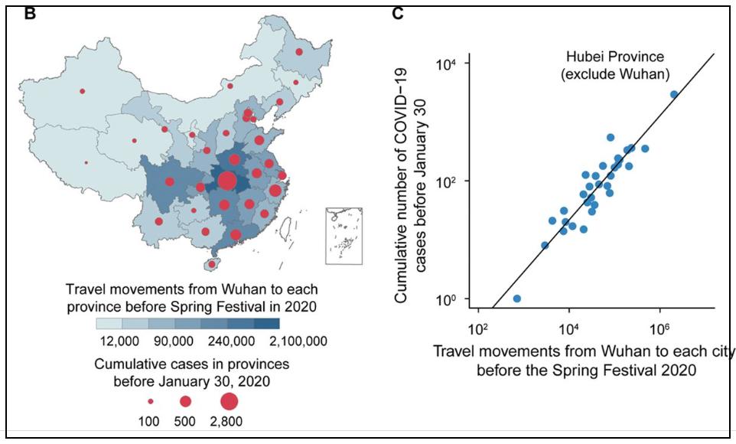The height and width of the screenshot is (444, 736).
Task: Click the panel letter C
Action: tap(398, 13)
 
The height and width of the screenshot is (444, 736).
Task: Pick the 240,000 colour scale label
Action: tap(232, 340)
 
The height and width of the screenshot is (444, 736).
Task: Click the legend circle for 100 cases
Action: tap(151, 401)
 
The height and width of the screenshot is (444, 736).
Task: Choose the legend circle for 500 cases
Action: tap(185, 401)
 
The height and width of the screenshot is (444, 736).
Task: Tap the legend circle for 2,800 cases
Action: tap(229, 400)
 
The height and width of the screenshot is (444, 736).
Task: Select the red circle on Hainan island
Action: tap(212, 265)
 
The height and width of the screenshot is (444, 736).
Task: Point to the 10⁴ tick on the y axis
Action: tap(446, 64)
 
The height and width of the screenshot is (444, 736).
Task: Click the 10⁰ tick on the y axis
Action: tap(446, 299)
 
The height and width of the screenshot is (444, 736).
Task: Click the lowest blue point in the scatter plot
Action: tap(516, 299)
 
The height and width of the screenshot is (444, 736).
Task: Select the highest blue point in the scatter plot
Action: tap(674, 94)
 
